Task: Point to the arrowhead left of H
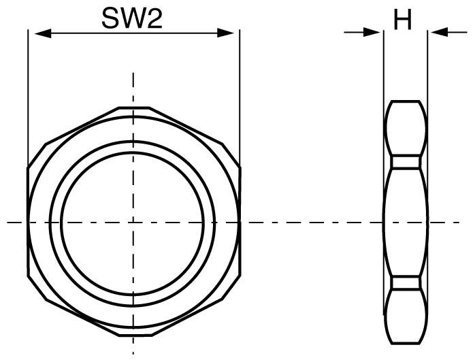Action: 373,31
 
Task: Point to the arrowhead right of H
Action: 437,31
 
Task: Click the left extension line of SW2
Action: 27,95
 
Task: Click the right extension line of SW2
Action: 240,95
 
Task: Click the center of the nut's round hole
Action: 133,222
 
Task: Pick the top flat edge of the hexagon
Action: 133,108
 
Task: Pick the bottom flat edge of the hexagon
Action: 133,337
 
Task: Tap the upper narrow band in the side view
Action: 406,162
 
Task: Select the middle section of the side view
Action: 406,222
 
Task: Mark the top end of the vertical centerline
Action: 133,73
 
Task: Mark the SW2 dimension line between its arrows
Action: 82,32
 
